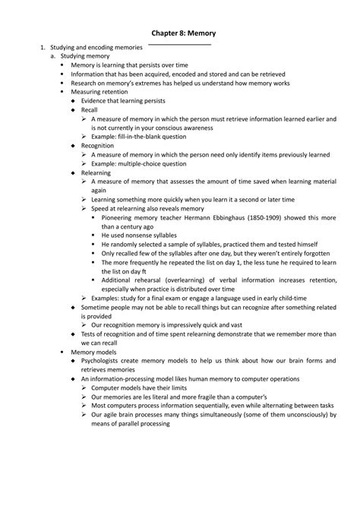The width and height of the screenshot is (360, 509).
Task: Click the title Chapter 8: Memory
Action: click(x=179, y=34)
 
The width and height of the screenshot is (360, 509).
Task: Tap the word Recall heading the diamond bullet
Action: click(x=90, y=109)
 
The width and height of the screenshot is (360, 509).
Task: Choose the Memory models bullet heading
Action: click(x=94, y=353)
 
